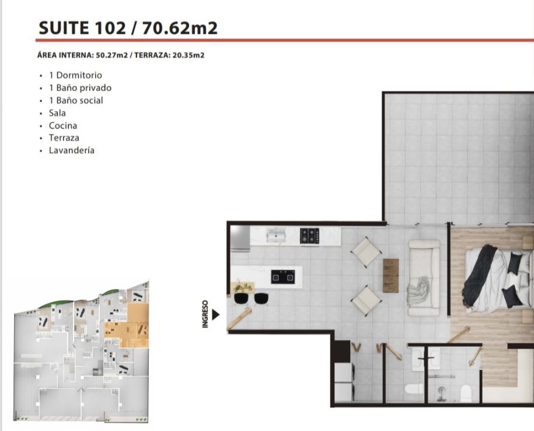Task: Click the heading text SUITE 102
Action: click(x=82, y=28)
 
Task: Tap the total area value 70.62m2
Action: click(x=180, y=28)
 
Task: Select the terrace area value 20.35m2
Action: click(x=189, y=55)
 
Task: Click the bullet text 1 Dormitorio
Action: click(x=75, y=75)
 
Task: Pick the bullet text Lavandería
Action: click(x=72, y=150)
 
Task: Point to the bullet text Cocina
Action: click(x=63, y=126)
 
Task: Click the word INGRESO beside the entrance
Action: click(x=205, y=314)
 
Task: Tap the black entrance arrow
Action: click(x=215, y=314)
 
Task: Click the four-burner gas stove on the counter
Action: click(x=309, y=236)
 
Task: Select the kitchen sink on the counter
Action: click(x=276, y=235)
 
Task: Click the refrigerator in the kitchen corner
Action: click(x=240, y=238)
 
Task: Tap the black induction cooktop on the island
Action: click(x=283, y=277)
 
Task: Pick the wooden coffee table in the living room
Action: click(x=390, y=276)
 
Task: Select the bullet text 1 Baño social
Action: click(x=76, y=100)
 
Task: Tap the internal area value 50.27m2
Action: click(x=111, y=55)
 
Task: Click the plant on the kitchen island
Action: click(x=242, y=287)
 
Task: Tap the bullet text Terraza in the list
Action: click(x=64, y=138)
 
